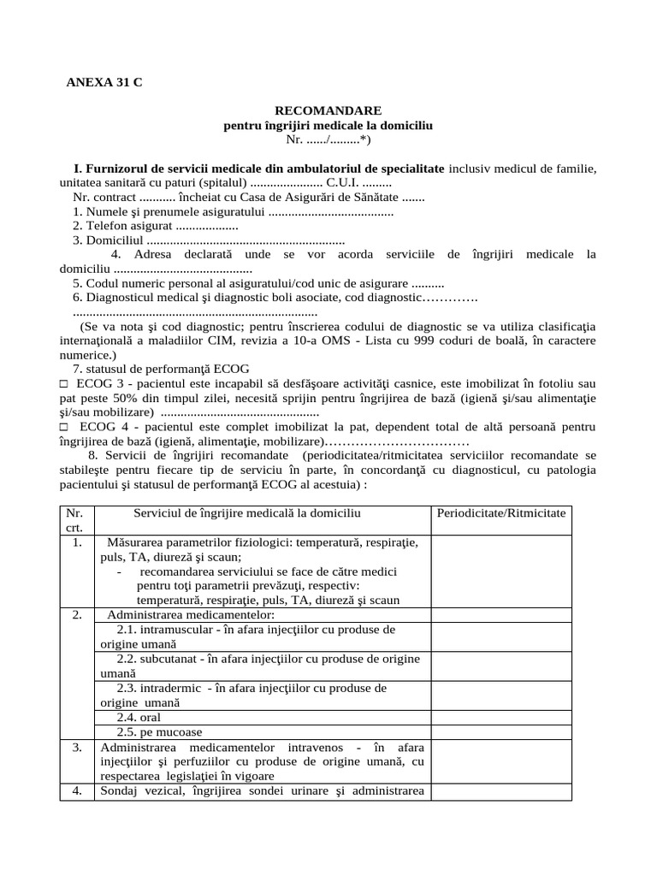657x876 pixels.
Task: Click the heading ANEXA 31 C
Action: [105, 83]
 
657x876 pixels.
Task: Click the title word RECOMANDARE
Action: [328, 111]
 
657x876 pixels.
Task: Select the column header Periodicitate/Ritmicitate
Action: [501, 512]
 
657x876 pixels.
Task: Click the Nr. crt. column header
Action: [77, 520]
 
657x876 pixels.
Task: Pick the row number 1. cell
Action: [77, 542]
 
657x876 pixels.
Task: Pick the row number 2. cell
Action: [77, 615]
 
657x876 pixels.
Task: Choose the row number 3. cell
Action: [77, 747]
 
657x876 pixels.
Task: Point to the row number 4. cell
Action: [77, 790]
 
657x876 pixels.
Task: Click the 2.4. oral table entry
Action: [139, 717]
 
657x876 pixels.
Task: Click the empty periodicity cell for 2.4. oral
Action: [501, 717]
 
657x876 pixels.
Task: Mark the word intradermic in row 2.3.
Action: [171, 688]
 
